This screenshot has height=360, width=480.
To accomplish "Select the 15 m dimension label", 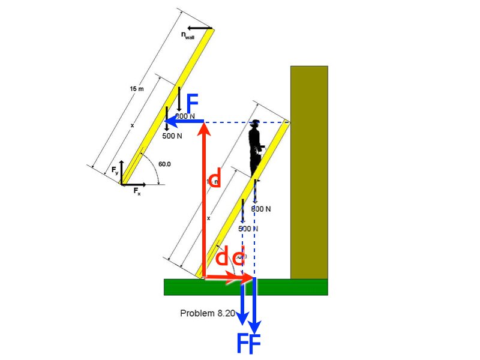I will [x=137, y=89].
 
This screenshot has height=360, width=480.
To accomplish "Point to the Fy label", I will [x=115, y=172].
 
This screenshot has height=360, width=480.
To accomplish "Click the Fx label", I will [x=137, y=193].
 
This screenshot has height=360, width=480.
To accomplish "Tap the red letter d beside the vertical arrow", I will [x=214, y=178].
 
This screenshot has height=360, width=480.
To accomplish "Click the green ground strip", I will [x=246, y=287].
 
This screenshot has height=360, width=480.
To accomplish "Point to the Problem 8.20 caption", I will [x=208, y=313].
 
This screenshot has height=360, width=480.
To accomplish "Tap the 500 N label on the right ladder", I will [x=248, y=229].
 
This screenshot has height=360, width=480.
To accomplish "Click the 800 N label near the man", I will [x=261, y=209].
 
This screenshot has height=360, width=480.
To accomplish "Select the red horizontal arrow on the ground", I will [x=228, y=277].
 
